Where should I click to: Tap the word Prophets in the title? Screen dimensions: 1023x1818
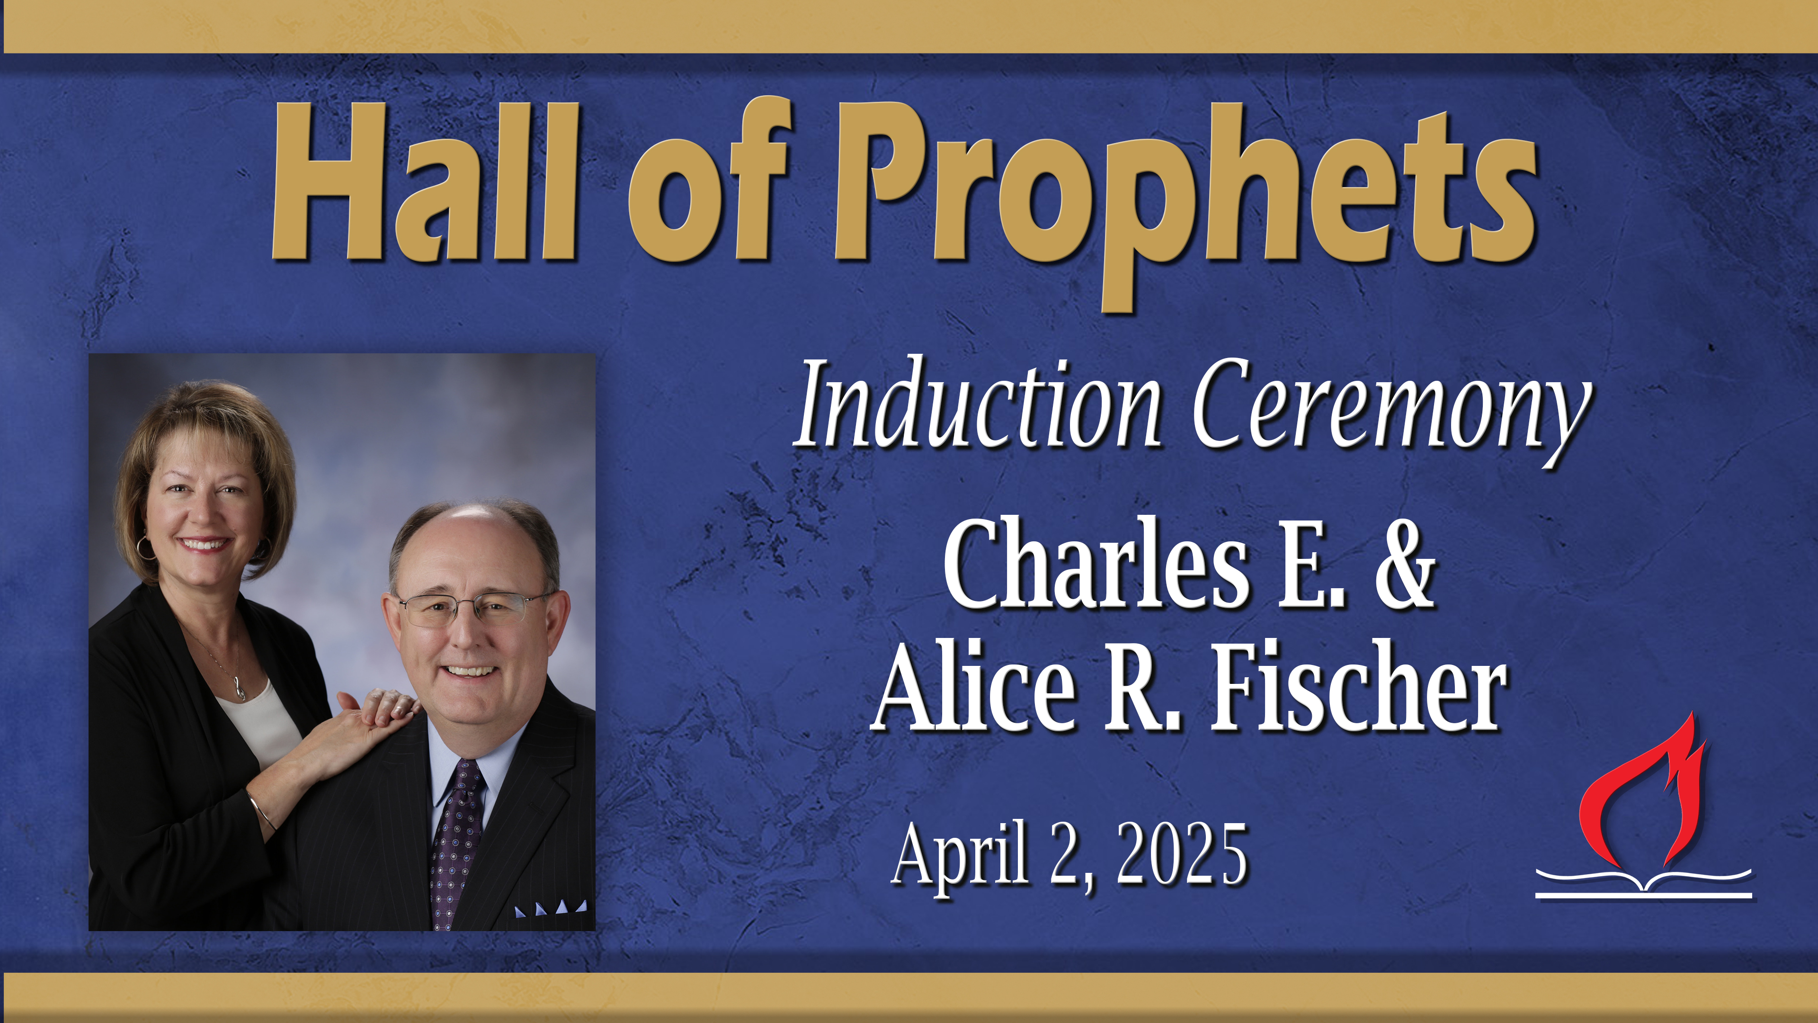(x=1185, y=190)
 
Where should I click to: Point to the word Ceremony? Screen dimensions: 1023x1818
(x=1390, y=410)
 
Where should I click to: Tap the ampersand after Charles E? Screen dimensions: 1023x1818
(x=1404, y=565)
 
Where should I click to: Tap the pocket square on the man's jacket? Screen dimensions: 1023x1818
(x=551, y=907)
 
